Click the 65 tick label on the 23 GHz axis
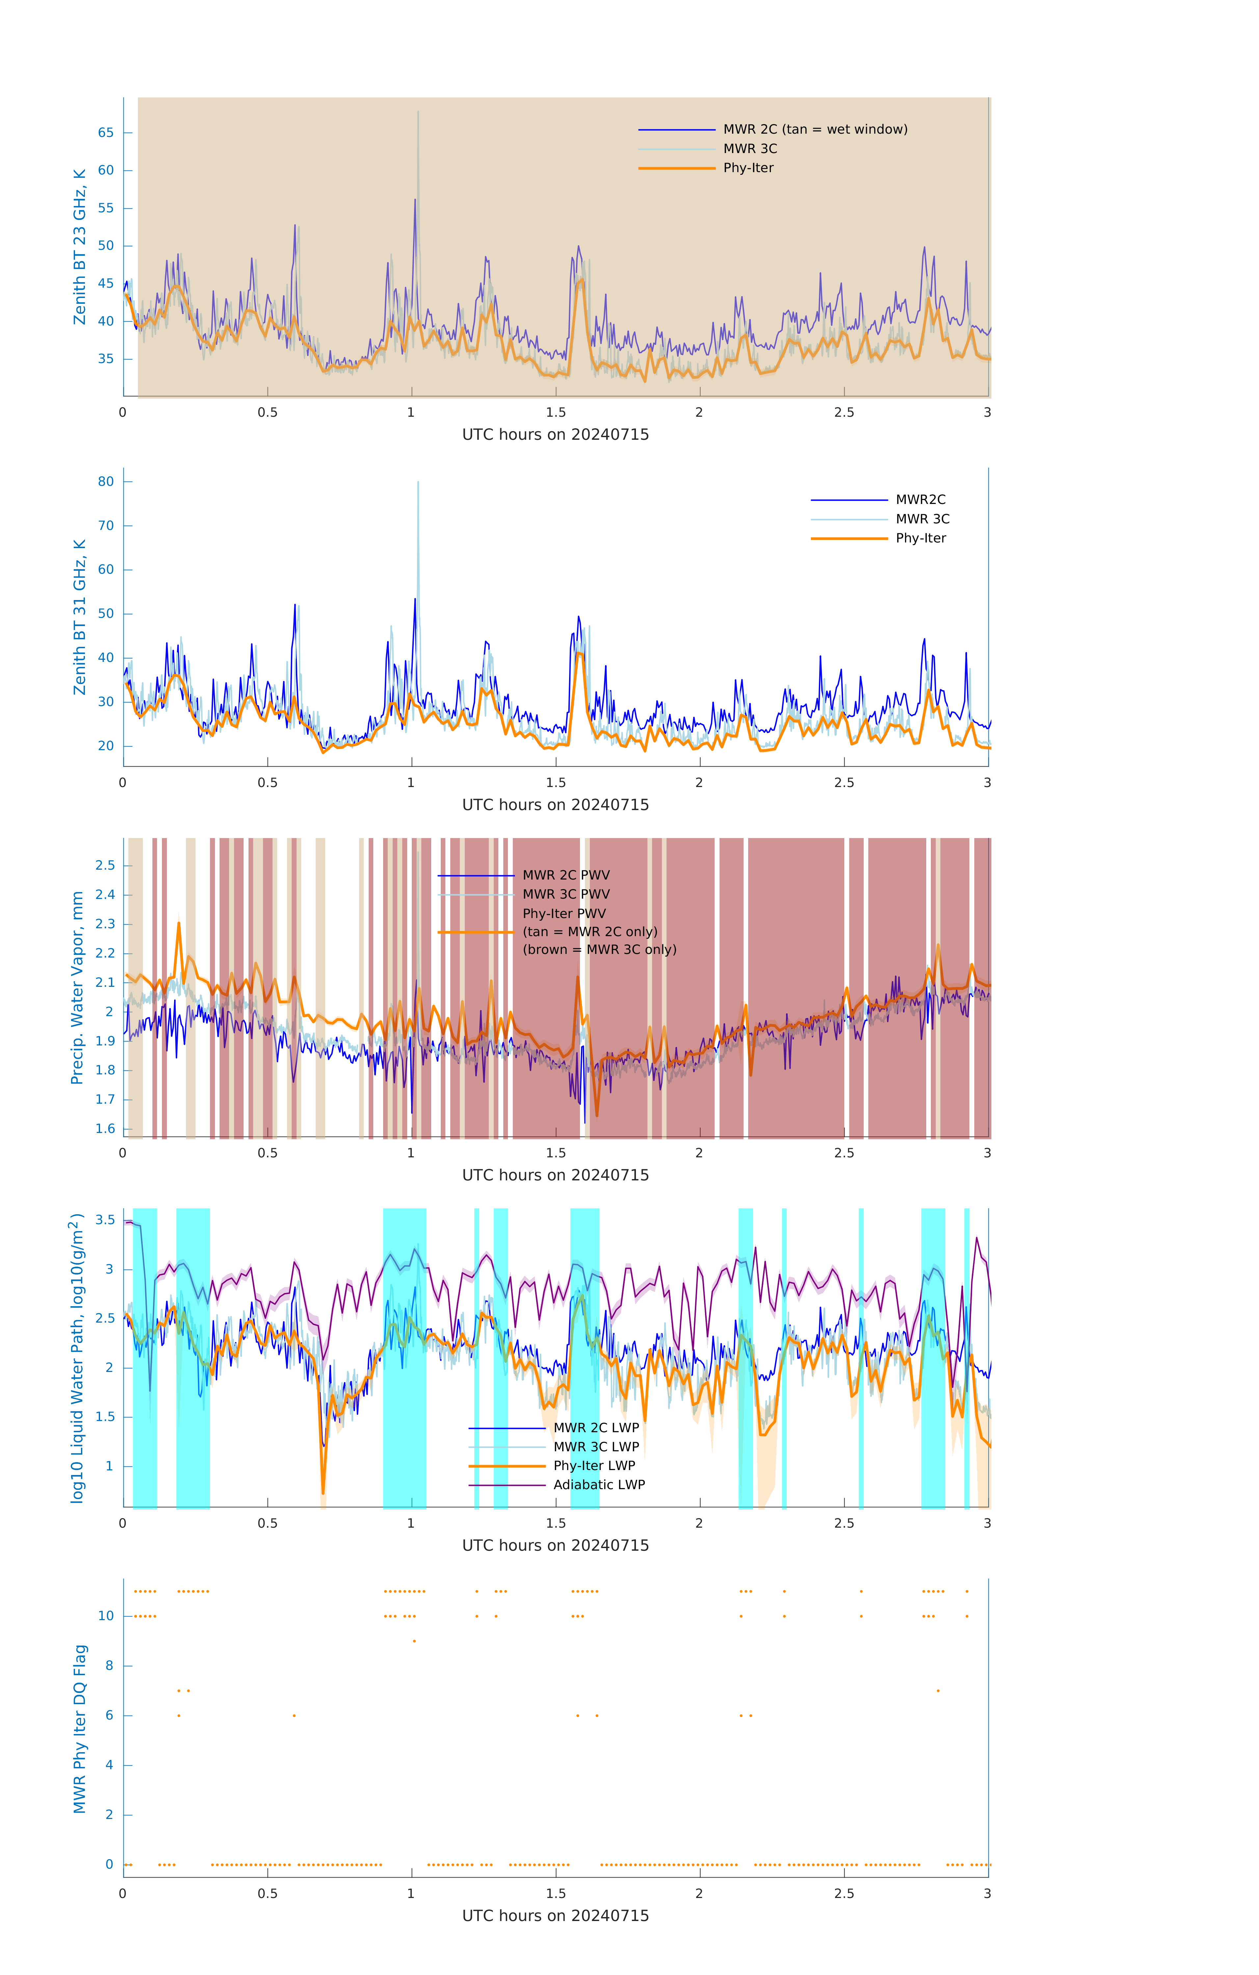(106, 133)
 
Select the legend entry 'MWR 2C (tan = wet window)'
(814, 130)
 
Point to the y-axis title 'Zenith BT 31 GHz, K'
(80, 617)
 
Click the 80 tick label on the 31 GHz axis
(106, 482)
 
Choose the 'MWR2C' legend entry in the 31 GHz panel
(919, 499)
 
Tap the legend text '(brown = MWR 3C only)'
(600, 950)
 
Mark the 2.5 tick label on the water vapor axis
(105, 865)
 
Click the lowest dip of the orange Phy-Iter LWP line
(323, 1493)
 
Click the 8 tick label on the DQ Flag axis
(109, 1666)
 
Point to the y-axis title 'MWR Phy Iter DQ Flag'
(80, 1728)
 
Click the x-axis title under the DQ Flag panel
(555, 1916)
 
